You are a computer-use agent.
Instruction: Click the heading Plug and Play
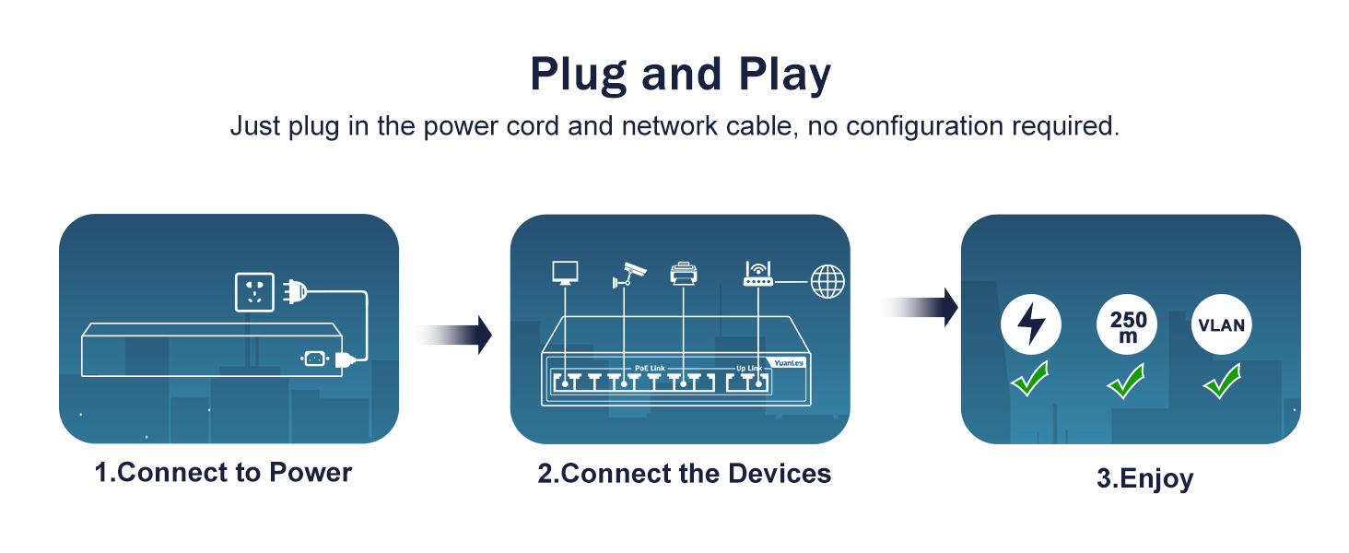[680, 75]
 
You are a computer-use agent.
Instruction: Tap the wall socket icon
[255, 291]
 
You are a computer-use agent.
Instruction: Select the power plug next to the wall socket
[293, 291]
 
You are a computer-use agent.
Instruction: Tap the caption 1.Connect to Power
[224, 473]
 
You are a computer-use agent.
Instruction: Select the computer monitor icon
[565, 272]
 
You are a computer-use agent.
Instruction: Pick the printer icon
[683, 273]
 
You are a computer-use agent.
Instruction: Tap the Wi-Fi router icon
[757, 273]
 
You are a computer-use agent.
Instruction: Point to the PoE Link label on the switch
[650, 369]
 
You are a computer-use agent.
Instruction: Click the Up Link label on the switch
[748, 369]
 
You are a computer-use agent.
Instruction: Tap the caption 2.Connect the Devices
[684, 474]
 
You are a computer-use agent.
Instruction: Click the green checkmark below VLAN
[1222, 381]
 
